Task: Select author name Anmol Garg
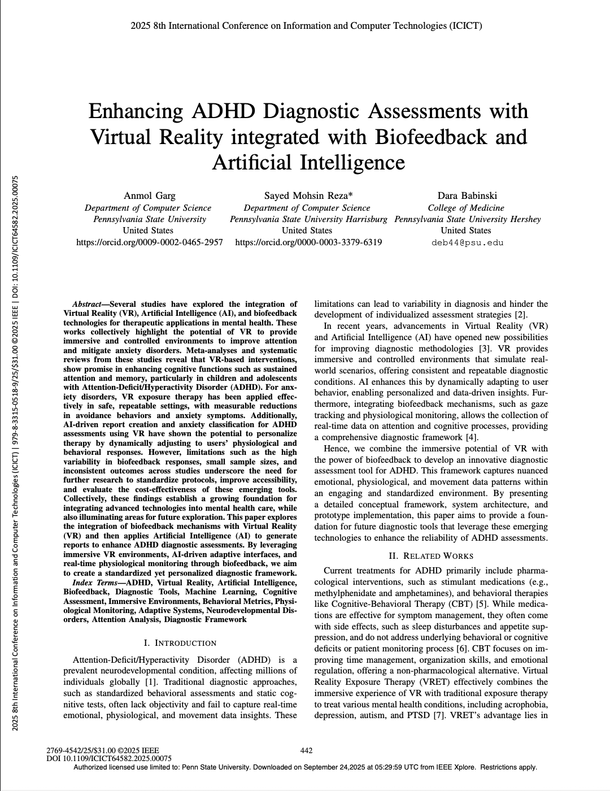150,195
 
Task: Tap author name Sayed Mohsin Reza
308,195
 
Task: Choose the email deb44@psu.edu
467,243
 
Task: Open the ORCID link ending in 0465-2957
150,242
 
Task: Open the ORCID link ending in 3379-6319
308,242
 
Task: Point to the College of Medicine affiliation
466,207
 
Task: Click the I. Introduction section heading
180,643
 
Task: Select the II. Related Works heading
431,556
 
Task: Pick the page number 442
306,750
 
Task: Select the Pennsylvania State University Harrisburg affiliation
308,219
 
